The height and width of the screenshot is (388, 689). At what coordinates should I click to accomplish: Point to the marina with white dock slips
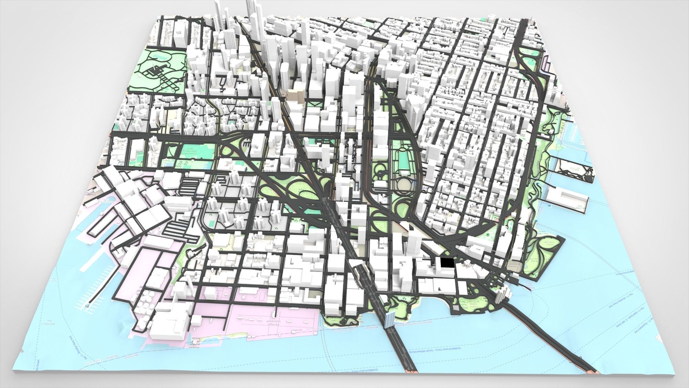pyautogui.click(x=674, y=136)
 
